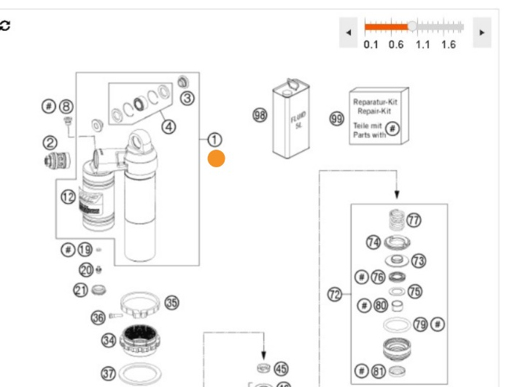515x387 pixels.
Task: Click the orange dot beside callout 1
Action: (216, 158)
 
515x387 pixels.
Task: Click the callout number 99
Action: (336, 119)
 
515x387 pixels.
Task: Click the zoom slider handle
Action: (413, 26)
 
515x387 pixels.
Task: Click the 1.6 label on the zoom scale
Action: (448, 45)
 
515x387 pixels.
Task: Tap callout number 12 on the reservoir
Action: (68, 196)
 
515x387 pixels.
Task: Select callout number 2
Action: (50, 142)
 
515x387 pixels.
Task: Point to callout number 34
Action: (108, 340)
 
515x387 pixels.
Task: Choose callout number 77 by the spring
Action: (414, 220)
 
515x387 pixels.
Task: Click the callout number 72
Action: (335, 294)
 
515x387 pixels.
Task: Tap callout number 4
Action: (169, 126)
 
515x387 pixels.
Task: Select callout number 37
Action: (108, 373)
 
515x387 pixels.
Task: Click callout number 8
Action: (66, 107)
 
